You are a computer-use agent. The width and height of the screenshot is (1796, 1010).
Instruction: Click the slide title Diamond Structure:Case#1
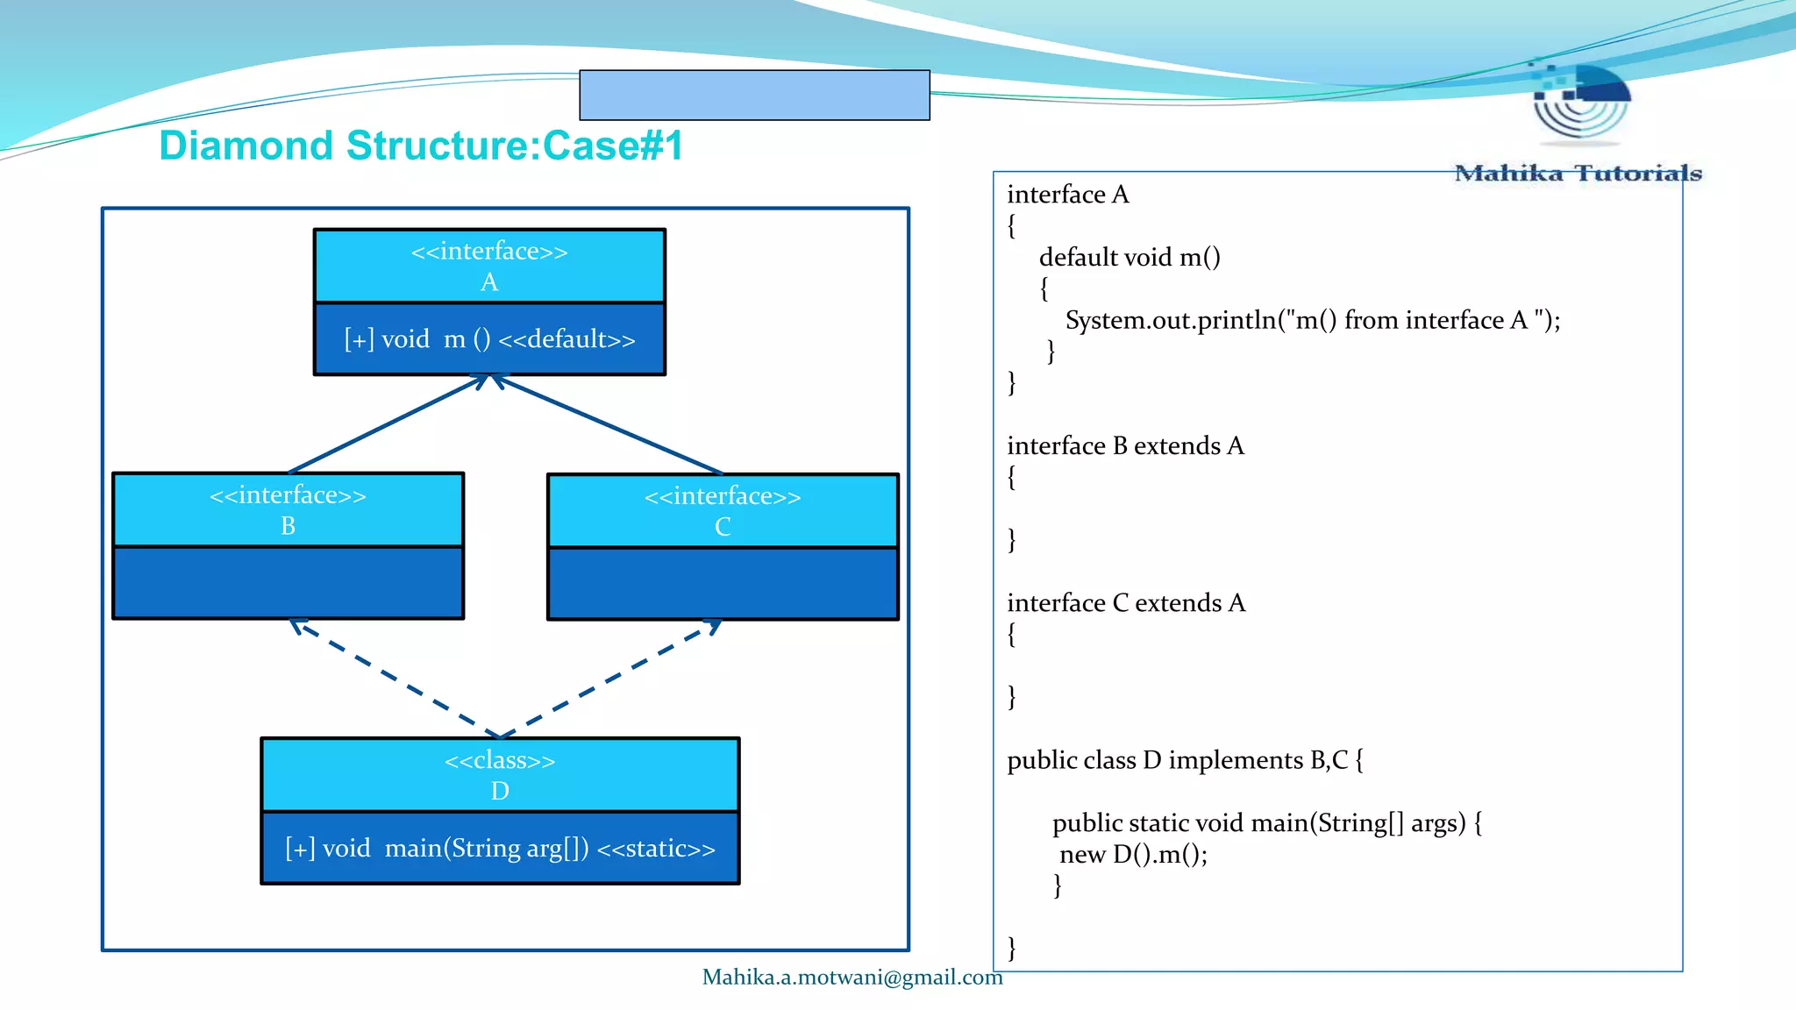click(x=420, y=146)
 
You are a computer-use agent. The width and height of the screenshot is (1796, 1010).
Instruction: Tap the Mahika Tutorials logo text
click(x=1577, y=174)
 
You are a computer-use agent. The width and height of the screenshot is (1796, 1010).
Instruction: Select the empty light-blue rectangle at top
click(x=754, y=95)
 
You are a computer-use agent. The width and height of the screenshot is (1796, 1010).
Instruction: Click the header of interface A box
click(x=489, y=266)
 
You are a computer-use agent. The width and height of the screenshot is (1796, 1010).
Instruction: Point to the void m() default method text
click(x=489, y=339)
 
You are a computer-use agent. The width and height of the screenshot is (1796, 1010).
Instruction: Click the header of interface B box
click(x=288, y=510)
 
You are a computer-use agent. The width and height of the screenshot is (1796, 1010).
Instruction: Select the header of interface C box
click(x=723, y=511)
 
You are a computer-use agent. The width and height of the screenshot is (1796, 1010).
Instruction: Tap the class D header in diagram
click(x=500, y=775)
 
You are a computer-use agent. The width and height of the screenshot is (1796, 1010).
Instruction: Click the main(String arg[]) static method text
click(x=500, y=849)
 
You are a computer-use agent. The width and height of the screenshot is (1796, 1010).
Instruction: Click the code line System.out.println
click(x=1312, y=321)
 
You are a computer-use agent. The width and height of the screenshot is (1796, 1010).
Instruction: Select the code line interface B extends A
click(x=1125, y=446)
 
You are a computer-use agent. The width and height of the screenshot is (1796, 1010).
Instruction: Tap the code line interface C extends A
click(x=1126, y=603)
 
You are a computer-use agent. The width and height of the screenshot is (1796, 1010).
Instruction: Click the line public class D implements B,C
click(x=1184, y=760)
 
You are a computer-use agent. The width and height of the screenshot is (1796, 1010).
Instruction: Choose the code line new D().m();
click(x=1133, y=855)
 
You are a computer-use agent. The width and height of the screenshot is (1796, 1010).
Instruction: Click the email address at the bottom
click(x=852, y=978)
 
